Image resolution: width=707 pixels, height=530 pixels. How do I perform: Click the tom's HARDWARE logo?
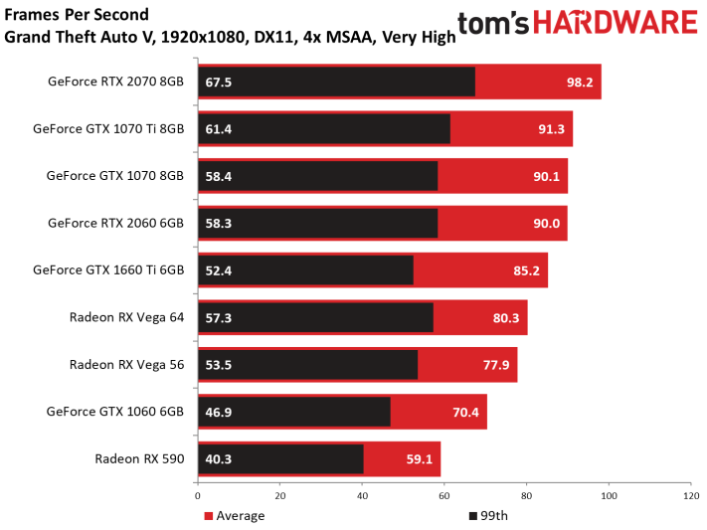coord(577,24)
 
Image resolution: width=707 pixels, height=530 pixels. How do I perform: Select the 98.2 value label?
coord(581,82)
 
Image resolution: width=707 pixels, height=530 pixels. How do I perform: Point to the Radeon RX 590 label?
coord(139,458)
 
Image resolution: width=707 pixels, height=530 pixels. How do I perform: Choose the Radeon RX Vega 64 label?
coord(126,317)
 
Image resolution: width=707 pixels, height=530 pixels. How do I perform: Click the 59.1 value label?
coord(419,458)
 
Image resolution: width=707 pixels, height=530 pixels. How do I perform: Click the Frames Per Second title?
coord(77,14)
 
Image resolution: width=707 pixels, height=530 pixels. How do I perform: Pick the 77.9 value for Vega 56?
coord(496,365)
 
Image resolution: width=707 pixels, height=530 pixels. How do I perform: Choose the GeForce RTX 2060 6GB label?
coord(115,224)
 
